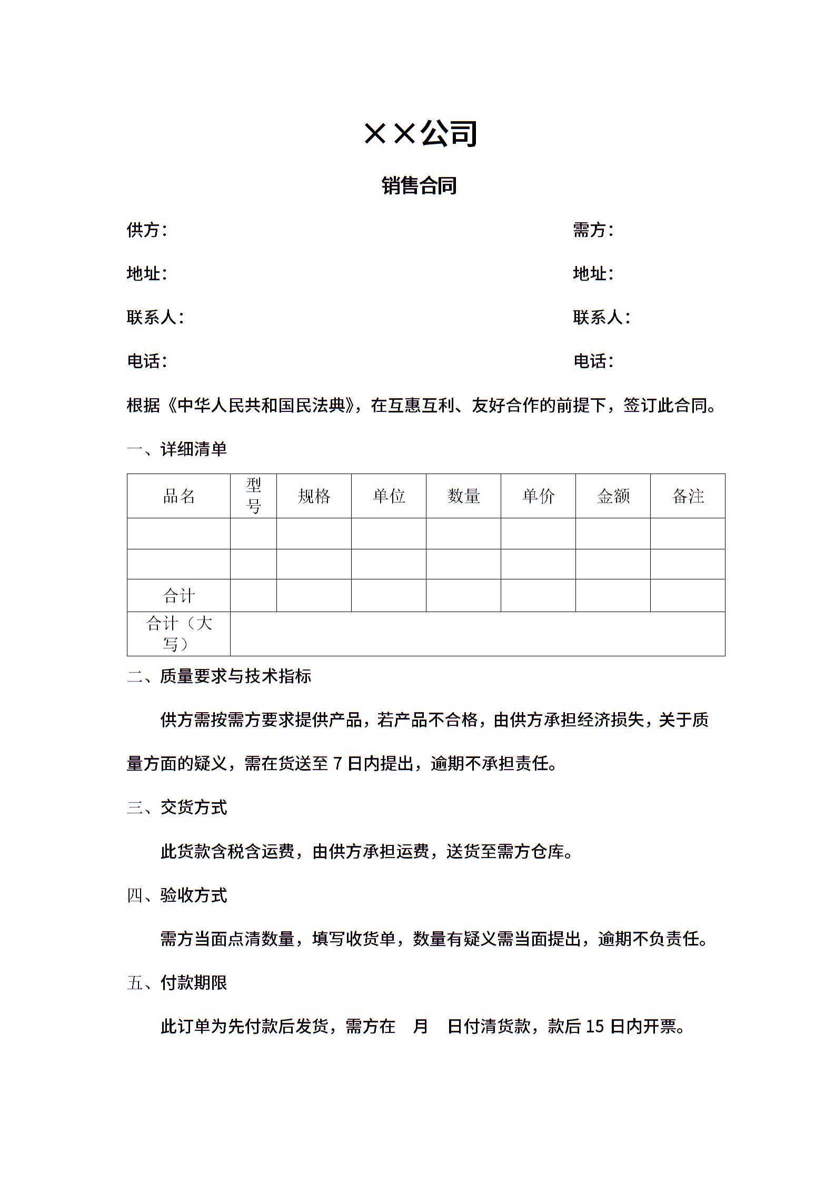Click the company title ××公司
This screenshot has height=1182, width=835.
[420, 133]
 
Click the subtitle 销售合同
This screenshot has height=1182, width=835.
[419, 185]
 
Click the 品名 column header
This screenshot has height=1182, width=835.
[178, 496]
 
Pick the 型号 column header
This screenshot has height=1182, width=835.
[253, 496]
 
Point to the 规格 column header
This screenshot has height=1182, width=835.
[314, 496]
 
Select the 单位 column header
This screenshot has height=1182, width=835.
[389, 496]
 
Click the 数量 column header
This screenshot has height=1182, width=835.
[463, 496]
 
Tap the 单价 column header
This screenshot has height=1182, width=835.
[538, 496]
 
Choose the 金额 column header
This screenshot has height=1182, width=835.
[613, 496]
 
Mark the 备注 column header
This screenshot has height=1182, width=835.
[688, 496]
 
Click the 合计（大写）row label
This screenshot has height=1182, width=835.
[178, 634]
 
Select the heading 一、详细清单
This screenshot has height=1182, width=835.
[177, 449]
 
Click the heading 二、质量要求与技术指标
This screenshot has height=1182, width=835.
[219, 676]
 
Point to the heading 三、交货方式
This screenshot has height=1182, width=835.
[177, 807]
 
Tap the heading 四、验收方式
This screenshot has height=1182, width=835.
[177, 895]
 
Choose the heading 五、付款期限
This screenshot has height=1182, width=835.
[177, 982]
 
